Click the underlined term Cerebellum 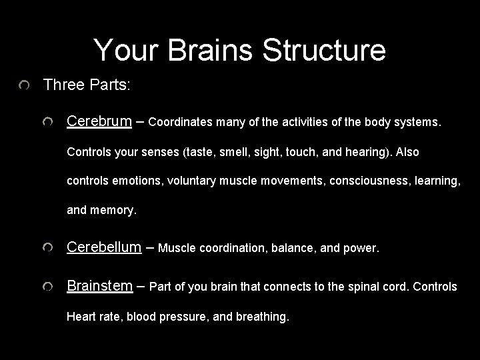[x=104, y=247]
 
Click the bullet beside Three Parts [x=25, y=86]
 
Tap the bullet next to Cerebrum [x=48, y=123]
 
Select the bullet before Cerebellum [x=48, y=249]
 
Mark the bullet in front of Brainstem [x=48, y=287]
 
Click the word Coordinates [x=179, y=123]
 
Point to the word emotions [x=133, y=181]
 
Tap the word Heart [x=80, y=317]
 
